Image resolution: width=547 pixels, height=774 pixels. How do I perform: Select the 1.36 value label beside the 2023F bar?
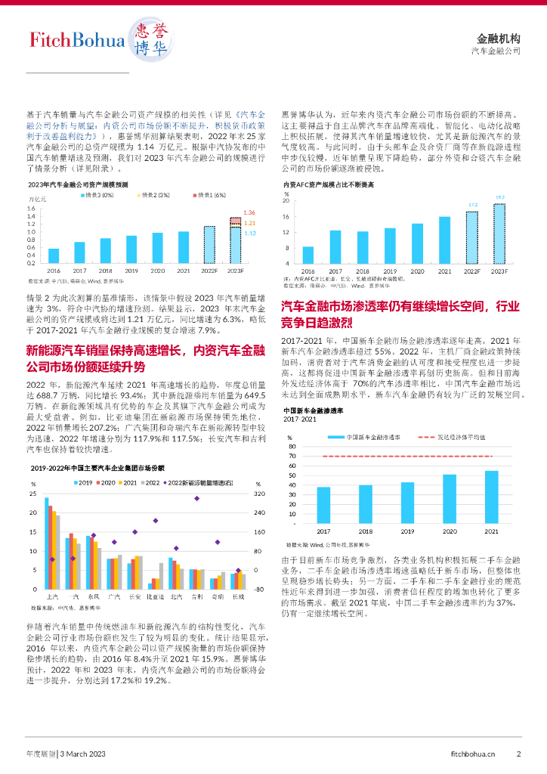tap(249, 212)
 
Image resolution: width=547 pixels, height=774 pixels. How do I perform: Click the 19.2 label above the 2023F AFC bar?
tap(499, 197)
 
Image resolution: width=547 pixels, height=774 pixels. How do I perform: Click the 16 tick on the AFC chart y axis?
tap(286, 217)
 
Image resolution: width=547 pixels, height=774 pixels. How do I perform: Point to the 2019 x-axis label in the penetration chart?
tap(407, 531)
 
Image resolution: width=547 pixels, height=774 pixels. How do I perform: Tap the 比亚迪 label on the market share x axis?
tap(156, 596)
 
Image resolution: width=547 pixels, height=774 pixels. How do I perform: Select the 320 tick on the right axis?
tap(259, 494)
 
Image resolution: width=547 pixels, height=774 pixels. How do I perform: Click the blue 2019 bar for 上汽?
tap(46, 543)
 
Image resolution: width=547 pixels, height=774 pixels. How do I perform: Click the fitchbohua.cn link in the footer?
tap(473, 754)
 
